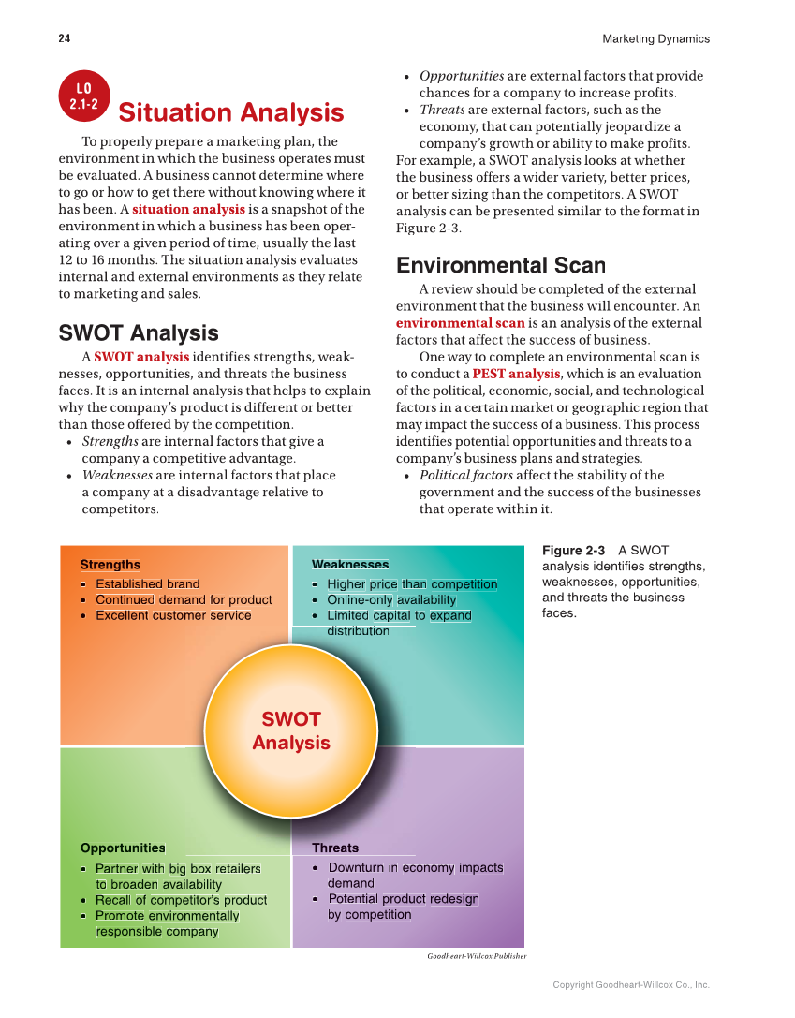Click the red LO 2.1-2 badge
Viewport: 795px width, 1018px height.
(84, 97)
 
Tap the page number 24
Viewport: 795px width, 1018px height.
(64, 38)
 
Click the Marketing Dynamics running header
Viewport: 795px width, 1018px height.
(655, 38)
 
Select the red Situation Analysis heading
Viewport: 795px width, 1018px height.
(230, 113)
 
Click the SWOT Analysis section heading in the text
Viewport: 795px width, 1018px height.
(139, 333)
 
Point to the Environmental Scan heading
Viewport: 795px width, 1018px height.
(501, 266)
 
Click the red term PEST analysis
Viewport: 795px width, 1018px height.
(516, 374)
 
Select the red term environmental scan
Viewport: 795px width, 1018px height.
(460, 323)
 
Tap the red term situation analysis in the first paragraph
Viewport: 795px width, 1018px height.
(188, 209)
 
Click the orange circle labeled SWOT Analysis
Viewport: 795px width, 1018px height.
(291, 730)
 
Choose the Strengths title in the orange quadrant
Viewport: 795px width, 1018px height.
(110, 565)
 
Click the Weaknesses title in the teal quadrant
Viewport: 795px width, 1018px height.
(349, 565)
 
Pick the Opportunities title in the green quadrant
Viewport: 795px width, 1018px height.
(123, 848)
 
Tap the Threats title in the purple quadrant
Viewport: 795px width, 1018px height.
(335, 848)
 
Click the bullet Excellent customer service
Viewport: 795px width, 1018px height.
(173, 615)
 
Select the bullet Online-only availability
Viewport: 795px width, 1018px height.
(391, 599)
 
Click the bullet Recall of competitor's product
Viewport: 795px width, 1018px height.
(181, 900)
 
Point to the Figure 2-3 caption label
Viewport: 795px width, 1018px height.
(573, 551)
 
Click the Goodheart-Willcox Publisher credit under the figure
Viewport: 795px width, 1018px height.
(477, 956)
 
